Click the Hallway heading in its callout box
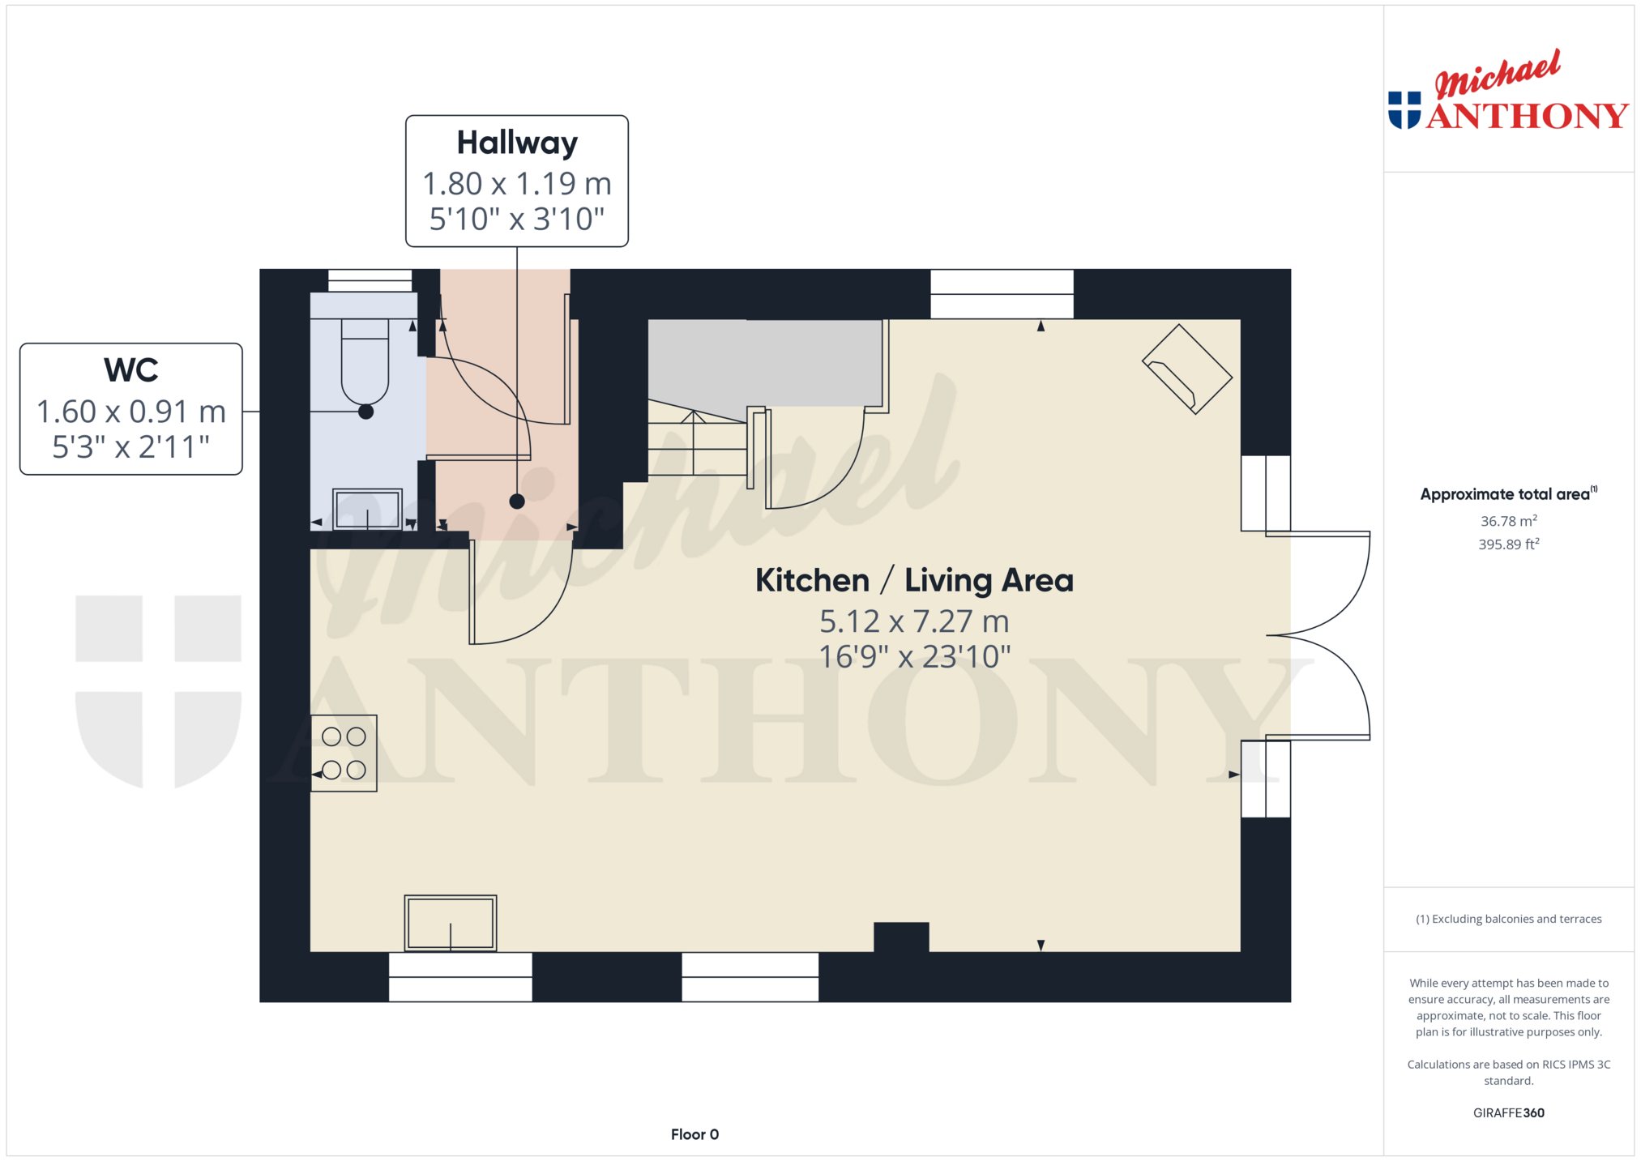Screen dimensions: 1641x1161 click(x=517, y=143)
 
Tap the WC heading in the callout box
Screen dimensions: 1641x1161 click(x=131, y=370)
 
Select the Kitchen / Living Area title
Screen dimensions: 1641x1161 click(x=914, y=580)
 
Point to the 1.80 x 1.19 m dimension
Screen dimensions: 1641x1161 click(x=517, y=184)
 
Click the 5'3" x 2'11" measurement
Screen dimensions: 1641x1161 click(x=131, y=446)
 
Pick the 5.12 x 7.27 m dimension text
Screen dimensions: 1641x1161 click(x=914, y=621)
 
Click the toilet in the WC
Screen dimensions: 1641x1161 click(x=365, y=362)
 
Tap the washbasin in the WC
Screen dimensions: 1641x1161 click(x=368, y=509)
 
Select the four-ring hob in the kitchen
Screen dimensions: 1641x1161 click(x=344, y=753)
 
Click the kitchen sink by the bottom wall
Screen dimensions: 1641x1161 click(x=451, y=923)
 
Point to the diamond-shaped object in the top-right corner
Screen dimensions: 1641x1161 click(x=1187, y=369)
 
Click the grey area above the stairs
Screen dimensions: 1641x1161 click(x=765, y=362)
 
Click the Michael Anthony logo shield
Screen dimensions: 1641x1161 click(x=1404, y=110)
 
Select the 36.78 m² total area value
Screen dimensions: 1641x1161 click(x=1508, y=521)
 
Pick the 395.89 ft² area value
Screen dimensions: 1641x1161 click(x=1508, y=544)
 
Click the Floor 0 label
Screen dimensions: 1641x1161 click(x=694, y=1134)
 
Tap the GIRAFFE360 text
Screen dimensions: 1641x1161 click(x=1508, y=1112)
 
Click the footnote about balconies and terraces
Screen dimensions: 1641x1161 click(x=1508, y=919)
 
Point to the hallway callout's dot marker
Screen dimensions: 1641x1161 click(x=517, y=502)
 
